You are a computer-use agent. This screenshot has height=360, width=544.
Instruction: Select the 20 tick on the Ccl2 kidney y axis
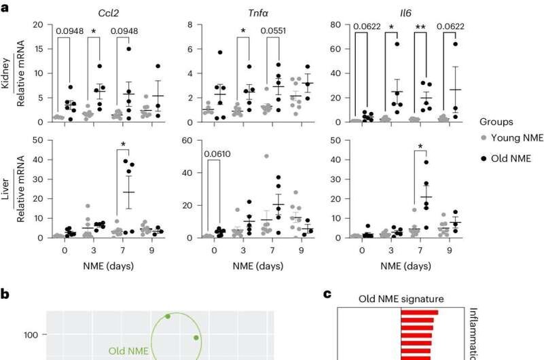click(x=39, y=24)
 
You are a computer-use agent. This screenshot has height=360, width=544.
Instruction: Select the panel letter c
click(x=327, y=294)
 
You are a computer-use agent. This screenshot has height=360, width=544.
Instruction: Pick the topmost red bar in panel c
click(x=419, y=312)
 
